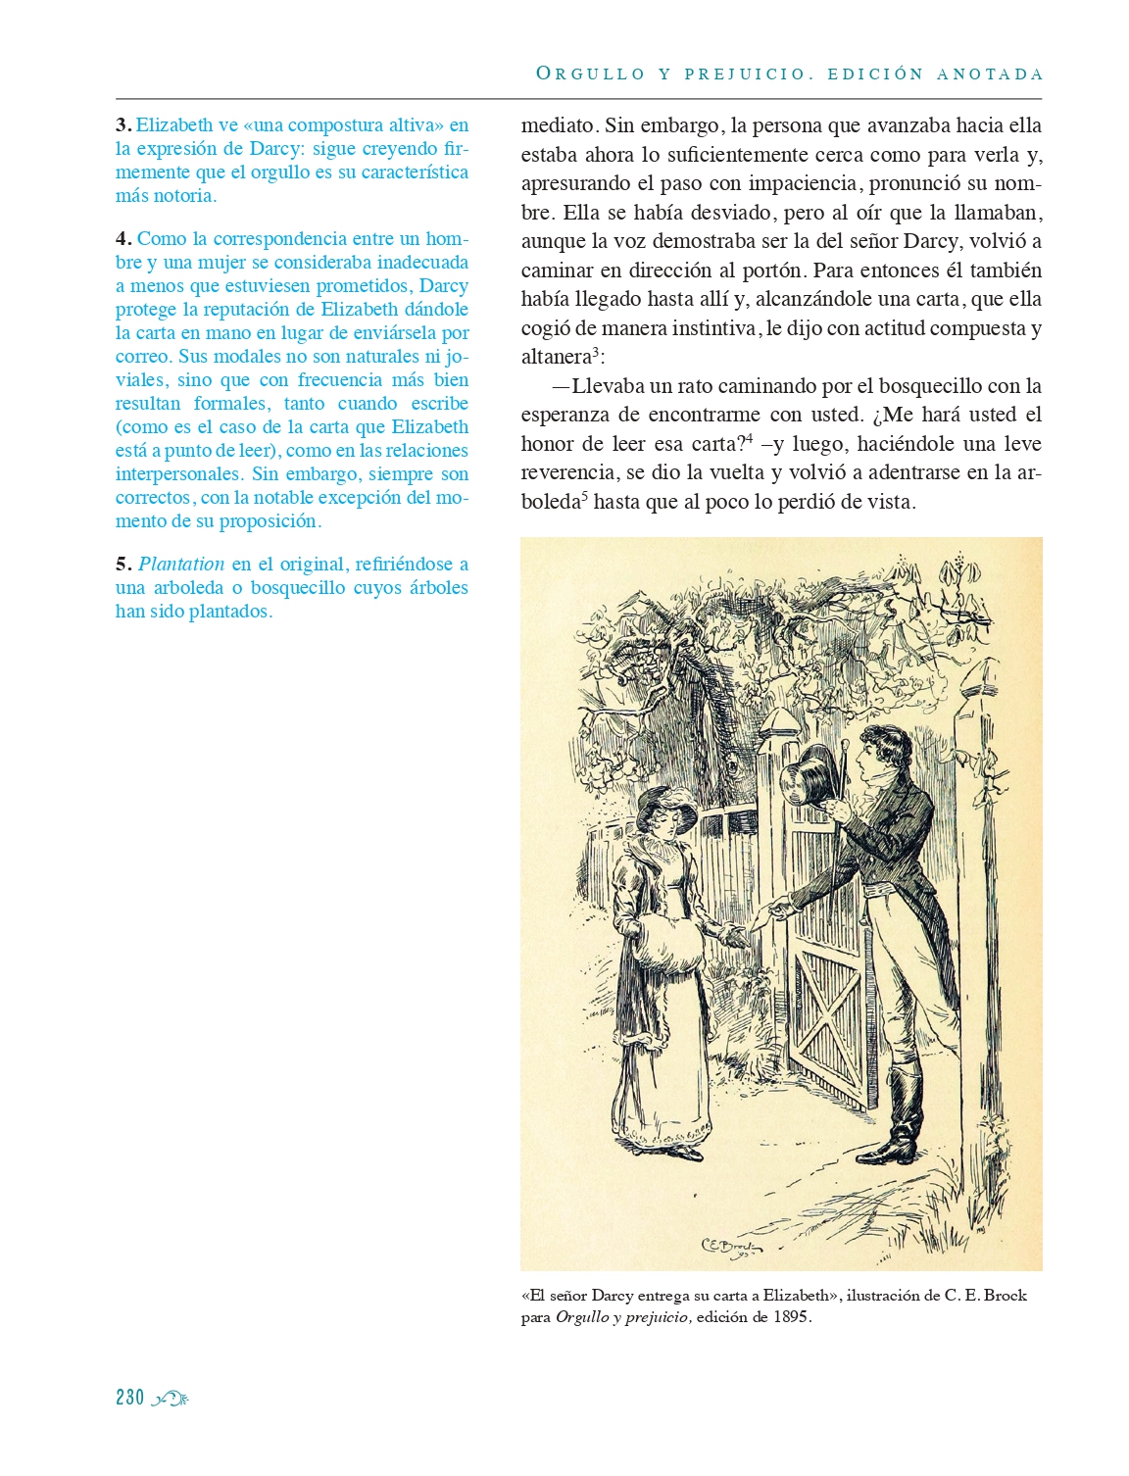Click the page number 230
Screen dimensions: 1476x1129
(x=129, y=1398)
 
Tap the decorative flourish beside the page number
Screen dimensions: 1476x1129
(x=171, y=1399)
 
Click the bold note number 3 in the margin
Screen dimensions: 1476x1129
(x=123, y=125)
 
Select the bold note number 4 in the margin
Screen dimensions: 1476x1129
(x=123, y=239)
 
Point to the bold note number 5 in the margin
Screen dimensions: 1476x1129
(x=123, y=565)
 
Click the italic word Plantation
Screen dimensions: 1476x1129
(x=181, y=565)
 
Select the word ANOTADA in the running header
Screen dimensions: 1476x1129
(x=990, y=74)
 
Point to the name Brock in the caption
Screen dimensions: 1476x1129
(x=1005, y=1296)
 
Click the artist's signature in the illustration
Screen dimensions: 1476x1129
(x=733, y=1247)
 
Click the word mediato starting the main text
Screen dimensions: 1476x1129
(x=558, y=125)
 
